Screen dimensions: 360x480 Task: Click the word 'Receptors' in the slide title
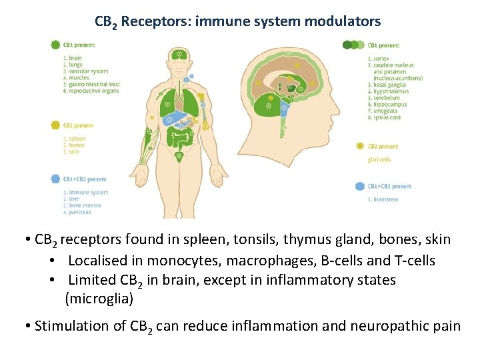[155, 21]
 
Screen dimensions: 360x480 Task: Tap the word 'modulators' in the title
[342, 21]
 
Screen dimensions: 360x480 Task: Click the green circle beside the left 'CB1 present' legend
[55, 45]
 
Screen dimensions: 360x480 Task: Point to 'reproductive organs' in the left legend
[92, 91]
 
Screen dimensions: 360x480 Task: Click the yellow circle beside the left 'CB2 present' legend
[55, 125]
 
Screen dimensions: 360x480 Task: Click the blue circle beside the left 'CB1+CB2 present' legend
[55, 179]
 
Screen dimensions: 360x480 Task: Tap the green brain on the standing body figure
[179, 53]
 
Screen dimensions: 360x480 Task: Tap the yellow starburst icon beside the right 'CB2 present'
[360, 146]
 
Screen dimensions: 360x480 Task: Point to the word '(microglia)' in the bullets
[99, 299]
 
